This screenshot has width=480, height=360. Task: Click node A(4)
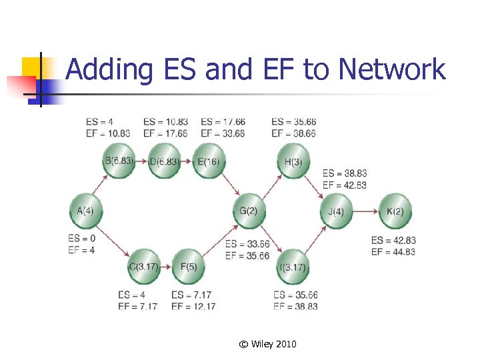86,211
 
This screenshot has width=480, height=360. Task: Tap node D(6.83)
164,161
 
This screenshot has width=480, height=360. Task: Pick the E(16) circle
209,161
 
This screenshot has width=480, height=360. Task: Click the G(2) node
248,211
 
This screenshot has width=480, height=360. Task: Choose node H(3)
293,161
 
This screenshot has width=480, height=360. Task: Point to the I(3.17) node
293,267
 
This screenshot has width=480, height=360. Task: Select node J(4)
336,211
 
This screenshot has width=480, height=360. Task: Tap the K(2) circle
395,211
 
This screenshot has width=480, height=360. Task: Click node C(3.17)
144,267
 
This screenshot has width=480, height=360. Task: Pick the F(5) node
188,267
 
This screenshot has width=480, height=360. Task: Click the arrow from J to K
365,211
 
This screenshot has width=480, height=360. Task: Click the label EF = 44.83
393,251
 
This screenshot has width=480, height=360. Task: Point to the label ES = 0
82,239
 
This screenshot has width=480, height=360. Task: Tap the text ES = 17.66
223,122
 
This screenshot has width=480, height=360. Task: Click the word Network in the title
392,69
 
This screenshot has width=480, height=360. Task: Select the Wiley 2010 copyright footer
267,344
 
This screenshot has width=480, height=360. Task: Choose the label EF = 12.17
193,306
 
